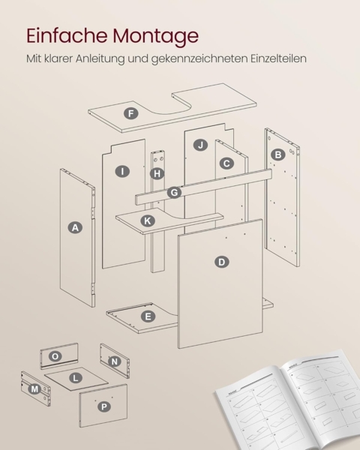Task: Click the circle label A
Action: pyautogui.click(x=74, y=228)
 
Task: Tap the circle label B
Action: pyautogui.click(x=278, y=154)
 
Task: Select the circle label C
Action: pyautogui.click(x=226, y=163)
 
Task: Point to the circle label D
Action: pyautogui.click(x=221, y=262)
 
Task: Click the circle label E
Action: pyautogui.click(x=148, y=316)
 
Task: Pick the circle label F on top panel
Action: pyautogui.click(x=132, y=114)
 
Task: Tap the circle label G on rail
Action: pyautogui.click(x=174, y=193)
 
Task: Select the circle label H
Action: pyautogui.click(x=156, y=173)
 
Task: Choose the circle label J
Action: pyautogui.click(x=199, y=145)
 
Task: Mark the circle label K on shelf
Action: pyautogui.click(x=148, y=220)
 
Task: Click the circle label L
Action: pyautogui.click(x=75, y=377)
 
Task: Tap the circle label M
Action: pyautogui.click(x=34, y=388)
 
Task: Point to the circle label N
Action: pyautogui.click(x=114, y=361)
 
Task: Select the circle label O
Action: pyautogui.click(x=55, y=355)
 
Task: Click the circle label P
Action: pyautogui.click(x=103, y=406)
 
